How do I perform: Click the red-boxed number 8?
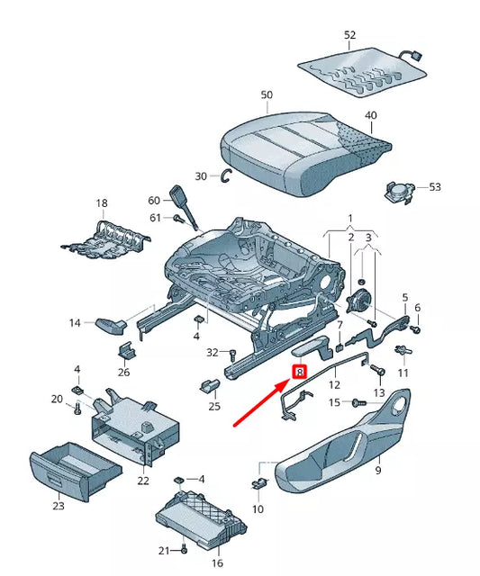click(x=299, y=372)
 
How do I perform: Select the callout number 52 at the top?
click(x=350, y=35)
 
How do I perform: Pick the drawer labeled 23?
click(x=74, y=470)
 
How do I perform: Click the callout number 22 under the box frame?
click(x=143, y=480)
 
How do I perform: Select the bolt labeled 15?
click(x=359, y=402)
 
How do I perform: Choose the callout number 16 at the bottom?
click(x=217, y=562)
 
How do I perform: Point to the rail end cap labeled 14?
click(x=111, y=326)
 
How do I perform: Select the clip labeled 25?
click(x=210, y=385)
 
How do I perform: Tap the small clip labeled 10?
click(x=260, y=484)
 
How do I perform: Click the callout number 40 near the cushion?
click(x=370, y=115)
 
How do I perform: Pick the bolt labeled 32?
click(x=231, y=355)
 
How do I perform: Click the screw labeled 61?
click(x=178, y=218)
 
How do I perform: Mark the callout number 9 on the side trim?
click(x=378, y=470)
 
